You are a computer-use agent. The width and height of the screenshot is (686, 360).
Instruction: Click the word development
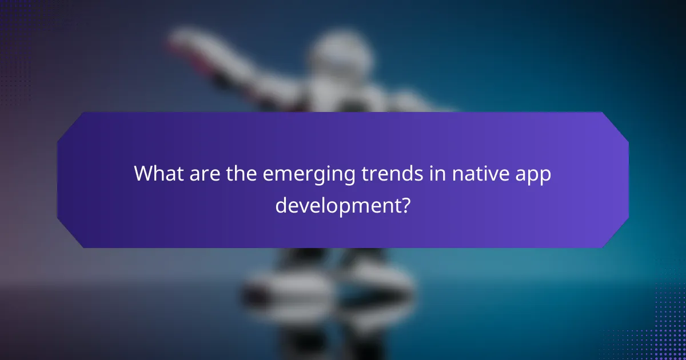337,205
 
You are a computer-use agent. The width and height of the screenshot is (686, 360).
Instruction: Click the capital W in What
142,174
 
